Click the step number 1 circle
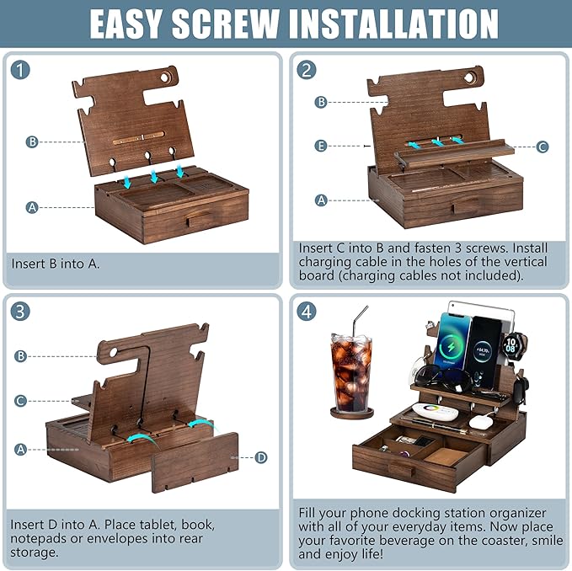tap(21, 72)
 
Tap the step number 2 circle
tap(307, 72)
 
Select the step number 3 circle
tap(21, 311)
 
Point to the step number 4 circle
tap(307, 311)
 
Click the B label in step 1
tap(32, 141)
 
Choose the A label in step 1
tap(32, 206)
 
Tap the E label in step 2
tap(320, 146)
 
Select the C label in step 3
tap(21, 401)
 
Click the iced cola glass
tap(350, 371)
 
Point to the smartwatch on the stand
tap(512, 344)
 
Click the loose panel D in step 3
tap(195, 462)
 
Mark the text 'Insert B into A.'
tap(56, 264)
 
